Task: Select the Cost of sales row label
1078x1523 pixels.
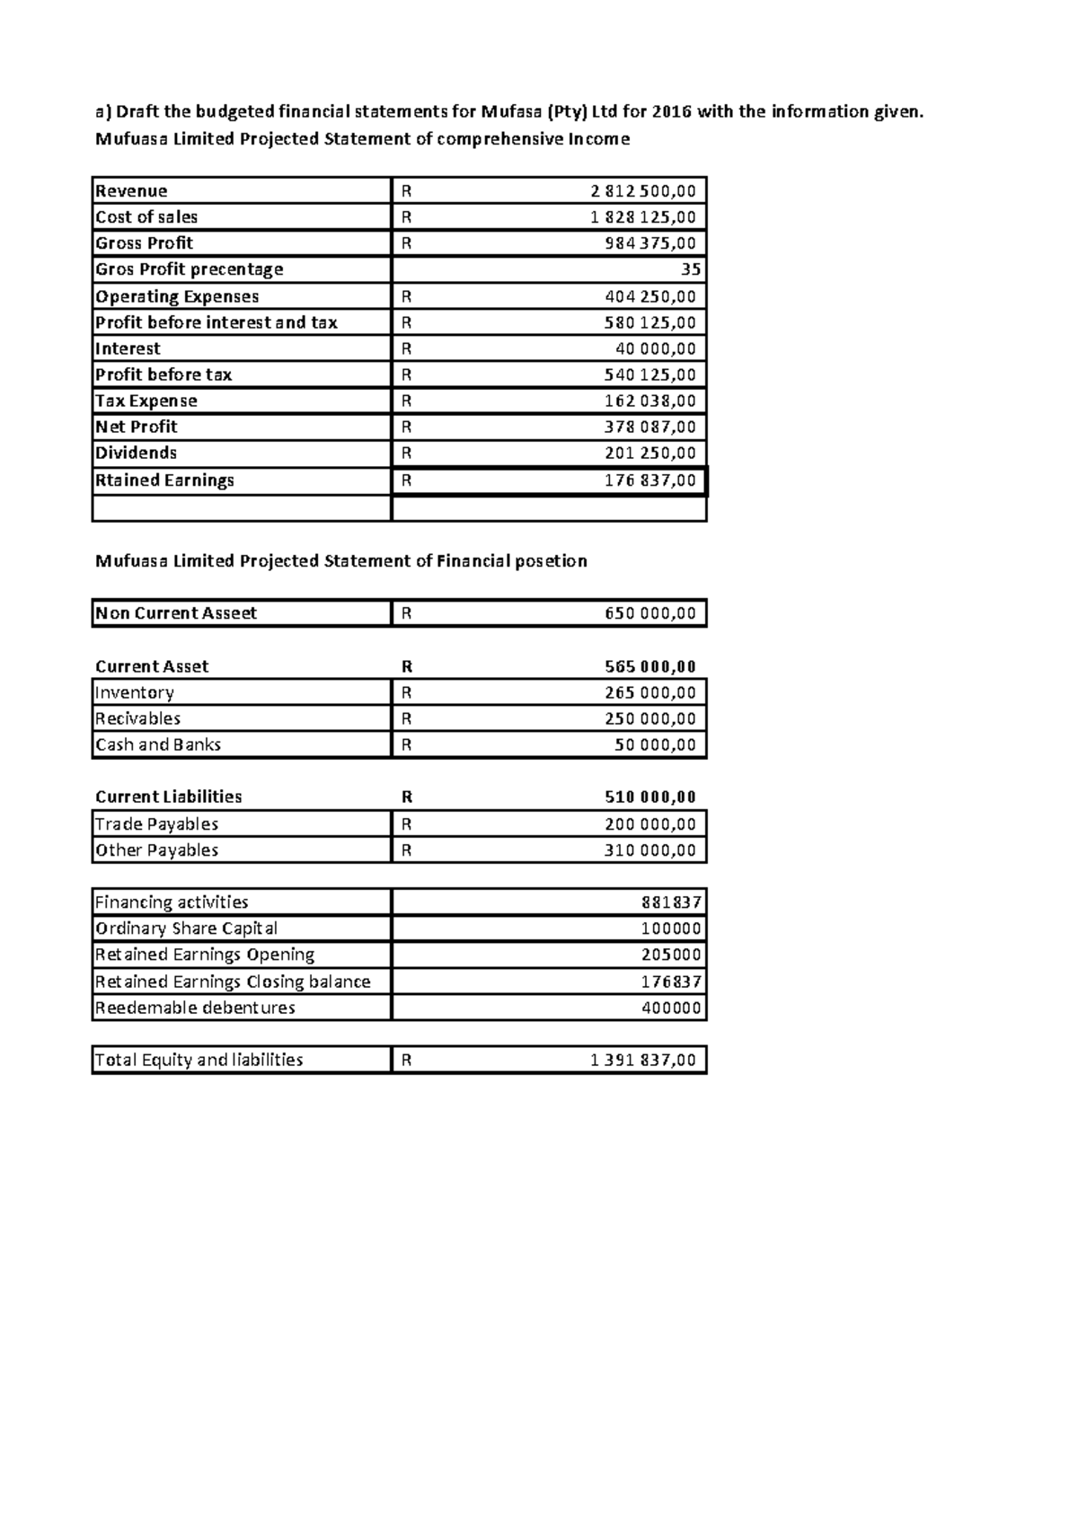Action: (146, 217)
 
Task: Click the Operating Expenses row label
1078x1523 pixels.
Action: (177, 296)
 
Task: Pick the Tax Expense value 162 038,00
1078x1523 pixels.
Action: (649, 401)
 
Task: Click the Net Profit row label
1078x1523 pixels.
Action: (137, 427)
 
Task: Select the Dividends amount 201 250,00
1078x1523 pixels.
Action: (649, 453)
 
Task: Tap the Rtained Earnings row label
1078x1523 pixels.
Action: (164, 480)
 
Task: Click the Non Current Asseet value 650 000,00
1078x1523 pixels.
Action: (649, 613)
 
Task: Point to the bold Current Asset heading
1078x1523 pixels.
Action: (152, 666)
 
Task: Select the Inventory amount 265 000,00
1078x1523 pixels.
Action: (649, 692)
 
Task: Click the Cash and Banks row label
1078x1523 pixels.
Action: (158, 744)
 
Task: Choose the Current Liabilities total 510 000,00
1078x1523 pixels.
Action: (649, 797)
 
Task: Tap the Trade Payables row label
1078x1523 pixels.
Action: (157, 824)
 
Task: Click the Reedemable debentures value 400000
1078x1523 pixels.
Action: (671, 1008)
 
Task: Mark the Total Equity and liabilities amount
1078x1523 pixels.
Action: (642, 1061)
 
